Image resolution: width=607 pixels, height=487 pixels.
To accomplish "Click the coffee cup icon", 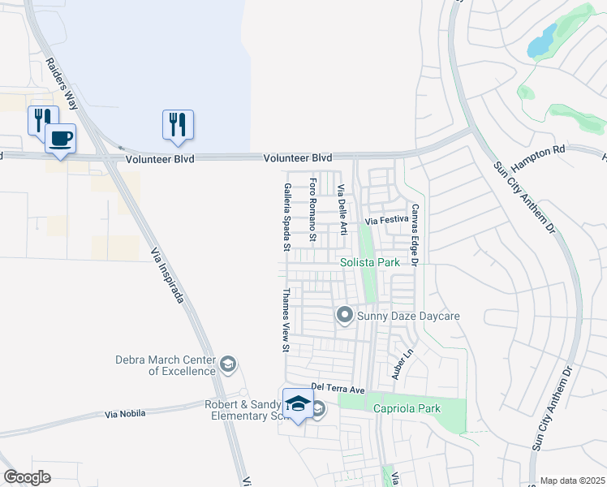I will tap(60, 138).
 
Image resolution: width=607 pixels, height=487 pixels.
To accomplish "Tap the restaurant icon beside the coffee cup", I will tap(42, 119).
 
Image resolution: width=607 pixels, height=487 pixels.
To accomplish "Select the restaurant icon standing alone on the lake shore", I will tap(178, 124).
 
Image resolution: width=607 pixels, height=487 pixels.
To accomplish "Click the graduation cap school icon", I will tap(298, 403).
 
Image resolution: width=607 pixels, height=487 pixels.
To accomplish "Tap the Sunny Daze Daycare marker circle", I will tap(344, 314).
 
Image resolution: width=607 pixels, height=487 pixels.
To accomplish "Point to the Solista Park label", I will tap(370, 262).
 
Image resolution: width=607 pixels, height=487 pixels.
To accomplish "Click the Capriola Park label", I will tap(407, 408).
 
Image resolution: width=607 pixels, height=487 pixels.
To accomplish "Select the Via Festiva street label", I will tap(386, 220).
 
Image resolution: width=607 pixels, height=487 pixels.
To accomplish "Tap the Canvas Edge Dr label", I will tap(414, 235).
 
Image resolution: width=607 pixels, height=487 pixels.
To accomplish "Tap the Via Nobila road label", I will tap(125, 414).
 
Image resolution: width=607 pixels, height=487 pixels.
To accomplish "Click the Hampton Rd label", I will tap(540, 153).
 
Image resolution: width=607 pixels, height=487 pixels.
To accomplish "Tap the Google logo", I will tap(27, 477).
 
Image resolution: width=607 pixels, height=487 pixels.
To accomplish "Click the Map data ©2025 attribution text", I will tap(573, 481).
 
